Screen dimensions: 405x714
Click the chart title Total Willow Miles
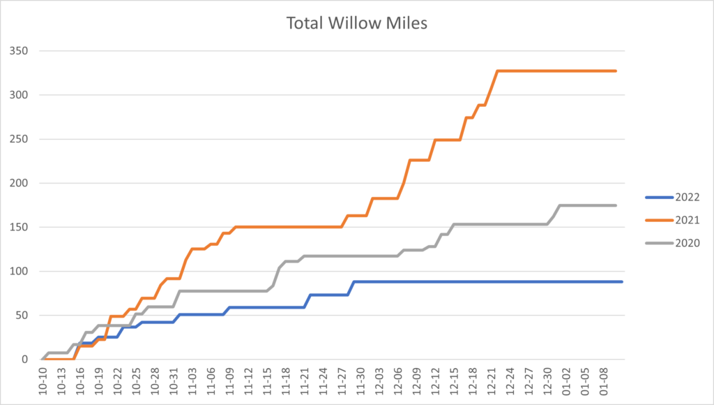(x=356, y=23)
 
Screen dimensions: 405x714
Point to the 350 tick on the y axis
(x=19, y=51)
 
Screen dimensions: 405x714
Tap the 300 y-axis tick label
(x=19, y=95)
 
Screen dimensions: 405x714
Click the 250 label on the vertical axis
(x=19, y=139)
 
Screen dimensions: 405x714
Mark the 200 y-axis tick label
(x=19, y=183)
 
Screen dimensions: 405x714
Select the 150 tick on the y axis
(x=19, y=227)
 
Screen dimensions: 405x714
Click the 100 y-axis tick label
(x=19, y=271)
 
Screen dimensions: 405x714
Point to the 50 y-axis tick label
(x=22, y=315)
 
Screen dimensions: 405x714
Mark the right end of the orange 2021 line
(x=616, y=71)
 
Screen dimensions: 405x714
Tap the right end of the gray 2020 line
(x=616, y=205)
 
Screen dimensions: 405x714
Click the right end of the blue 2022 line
(x=621, y=281)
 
